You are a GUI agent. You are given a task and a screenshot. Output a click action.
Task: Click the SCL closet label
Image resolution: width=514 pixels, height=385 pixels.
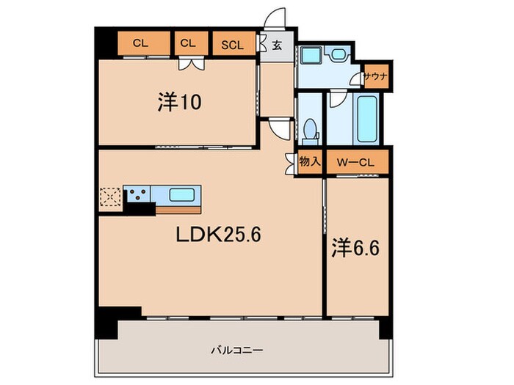pos(233,45)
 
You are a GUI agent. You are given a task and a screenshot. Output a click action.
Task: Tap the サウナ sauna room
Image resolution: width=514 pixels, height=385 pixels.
pos(377,76)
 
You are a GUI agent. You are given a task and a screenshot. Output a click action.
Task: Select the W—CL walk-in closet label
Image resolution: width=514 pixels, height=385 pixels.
pos(355,162)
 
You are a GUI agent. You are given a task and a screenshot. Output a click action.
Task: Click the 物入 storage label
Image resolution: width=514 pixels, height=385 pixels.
pos(310,161)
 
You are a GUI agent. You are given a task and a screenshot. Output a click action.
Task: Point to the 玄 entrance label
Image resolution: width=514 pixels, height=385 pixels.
pos(277,45)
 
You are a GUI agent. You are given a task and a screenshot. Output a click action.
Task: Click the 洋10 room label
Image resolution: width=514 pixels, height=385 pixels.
pos(179,102)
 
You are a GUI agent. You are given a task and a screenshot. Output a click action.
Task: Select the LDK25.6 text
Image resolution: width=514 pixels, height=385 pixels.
pos(218,235)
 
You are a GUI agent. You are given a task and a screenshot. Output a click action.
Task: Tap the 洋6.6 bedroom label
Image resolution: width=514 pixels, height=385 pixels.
pos(355,248)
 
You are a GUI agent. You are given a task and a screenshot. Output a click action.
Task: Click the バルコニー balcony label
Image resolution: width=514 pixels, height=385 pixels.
pos(236,351)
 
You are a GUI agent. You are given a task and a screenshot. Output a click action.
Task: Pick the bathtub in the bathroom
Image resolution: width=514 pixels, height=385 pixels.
pos(367,119)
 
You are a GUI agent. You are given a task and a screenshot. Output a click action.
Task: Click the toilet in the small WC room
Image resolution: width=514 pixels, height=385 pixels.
pos(310,131)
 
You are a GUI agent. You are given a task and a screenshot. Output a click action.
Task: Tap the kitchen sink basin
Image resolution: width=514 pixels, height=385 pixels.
pos(181,196)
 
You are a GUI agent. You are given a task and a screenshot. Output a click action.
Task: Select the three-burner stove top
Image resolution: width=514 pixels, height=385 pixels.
pos(137,194)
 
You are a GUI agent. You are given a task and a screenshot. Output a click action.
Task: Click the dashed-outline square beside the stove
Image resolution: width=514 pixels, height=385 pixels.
pos(110,197)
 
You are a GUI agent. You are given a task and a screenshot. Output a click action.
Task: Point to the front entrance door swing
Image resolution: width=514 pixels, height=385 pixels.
pos(275,18)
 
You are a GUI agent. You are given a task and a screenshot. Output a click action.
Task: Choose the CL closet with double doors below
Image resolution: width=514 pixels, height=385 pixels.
pos(192,43)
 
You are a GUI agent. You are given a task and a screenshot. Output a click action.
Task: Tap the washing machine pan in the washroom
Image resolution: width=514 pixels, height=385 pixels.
pos(311,55)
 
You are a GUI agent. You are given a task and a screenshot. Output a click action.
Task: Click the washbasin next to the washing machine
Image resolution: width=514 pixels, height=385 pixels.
pos(336,54)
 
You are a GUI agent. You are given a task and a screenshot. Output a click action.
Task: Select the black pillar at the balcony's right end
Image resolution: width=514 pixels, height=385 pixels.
pos(385,330)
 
